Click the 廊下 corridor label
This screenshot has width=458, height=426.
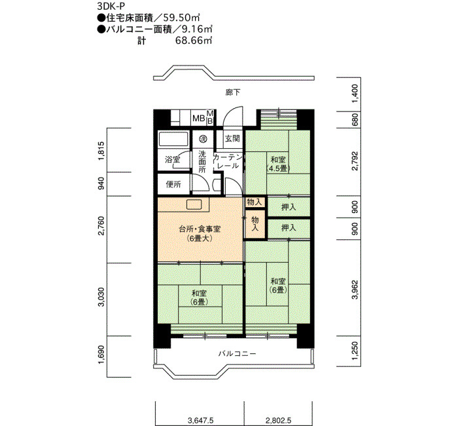[x=233, y=92]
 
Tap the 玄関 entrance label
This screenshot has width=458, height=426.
[x=232, y=138]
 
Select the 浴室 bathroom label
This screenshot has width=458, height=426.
[x=172, y=160]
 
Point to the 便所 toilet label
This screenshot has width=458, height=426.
[x=173, y=184]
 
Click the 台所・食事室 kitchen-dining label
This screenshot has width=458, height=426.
[x=200, y=229]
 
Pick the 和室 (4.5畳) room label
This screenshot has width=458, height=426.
[x=278, y=164]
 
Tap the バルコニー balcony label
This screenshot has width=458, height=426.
[x=237, y=354]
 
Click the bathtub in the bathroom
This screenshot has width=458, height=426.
[x=173, y=139]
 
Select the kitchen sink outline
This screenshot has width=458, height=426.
[x=194, y=204]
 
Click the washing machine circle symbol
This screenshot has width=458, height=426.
[x=203, y=139]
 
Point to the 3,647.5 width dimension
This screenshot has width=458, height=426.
[x=200, y=421]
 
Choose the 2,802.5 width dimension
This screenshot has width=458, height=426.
[x=278, y=421]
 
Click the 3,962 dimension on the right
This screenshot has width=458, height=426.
[x=355, y=290]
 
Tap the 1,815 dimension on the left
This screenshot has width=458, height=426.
[x=101, y=151]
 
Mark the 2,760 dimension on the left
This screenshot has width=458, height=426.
[x=101, y=225]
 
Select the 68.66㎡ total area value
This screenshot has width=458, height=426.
[x=194, y=41]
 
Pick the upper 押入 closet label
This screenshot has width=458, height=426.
[x=289, y=207]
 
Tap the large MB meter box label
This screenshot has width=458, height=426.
[x=199, y=119]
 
